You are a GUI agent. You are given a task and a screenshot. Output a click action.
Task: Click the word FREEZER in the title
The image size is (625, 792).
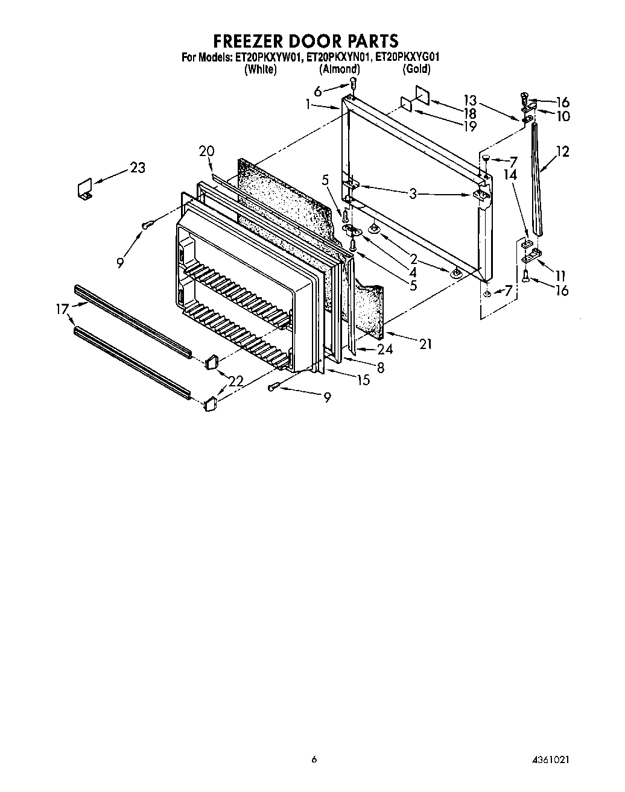click(249, 41)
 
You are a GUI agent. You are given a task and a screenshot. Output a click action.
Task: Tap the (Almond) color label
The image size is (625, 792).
click(339, 69)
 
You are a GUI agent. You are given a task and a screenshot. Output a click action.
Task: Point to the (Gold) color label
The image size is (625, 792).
click(416, 69)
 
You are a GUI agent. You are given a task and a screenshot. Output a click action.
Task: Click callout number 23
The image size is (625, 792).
click(138, 167)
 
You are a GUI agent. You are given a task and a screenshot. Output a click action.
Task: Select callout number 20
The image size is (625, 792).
click(206, 151)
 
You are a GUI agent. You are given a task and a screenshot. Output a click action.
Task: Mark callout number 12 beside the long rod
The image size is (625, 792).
click(562, 151)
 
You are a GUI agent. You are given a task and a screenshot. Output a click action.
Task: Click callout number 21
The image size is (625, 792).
click(426, 344)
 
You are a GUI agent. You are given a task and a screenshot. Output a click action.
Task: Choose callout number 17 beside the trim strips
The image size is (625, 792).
click(62, 310)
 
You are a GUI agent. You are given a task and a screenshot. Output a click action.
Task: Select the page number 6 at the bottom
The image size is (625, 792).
click(313, 759)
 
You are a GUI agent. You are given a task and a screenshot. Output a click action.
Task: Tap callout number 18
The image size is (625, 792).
click(469, 113)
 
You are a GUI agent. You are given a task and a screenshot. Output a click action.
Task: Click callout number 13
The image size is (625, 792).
click(469, 101)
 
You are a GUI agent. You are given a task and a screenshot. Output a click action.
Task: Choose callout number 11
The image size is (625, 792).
click(560, 277)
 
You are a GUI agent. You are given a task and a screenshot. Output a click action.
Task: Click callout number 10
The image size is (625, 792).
click(563, 116)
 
